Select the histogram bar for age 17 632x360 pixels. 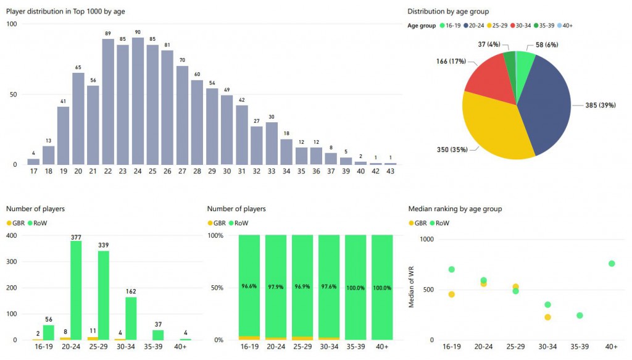point(33,162)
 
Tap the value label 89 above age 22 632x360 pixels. point(108,33)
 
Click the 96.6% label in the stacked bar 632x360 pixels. point(249,286)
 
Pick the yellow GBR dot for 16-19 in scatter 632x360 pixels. point(452,295)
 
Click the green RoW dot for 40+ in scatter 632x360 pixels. point(612,264)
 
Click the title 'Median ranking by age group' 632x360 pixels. point(455,209)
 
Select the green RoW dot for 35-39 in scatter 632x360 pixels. point(580,316)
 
